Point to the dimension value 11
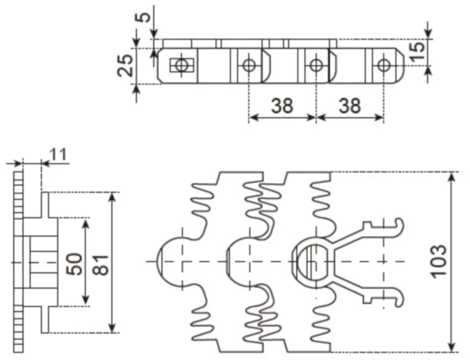tap(58, 155)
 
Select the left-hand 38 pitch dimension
tap(282, 106)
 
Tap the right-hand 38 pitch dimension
tap(350, 106)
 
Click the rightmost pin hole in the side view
tap(383, 65)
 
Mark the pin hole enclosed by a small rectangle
tap(182, 65)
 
